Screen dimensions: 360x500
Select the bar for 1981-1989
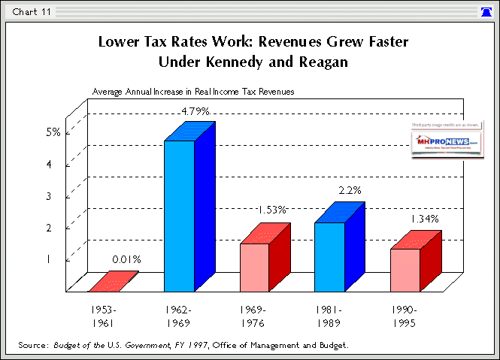[x=330, y=256]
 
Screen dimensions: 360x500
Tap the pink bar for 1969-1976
[x=254, y=267]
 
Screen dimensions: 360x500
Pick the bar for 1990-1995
[x=405, y=269]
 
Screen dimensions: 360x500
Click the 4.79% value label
[x=195, y=111]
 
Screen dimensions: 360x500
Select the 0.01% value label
[x=126, y=260]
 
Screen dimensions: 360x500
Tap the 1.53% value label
[x=271, y=210]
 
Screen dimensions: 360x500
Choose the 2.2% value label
[x=350, y=192]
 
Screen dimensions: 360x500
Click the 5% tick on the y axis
[x=53, y=132]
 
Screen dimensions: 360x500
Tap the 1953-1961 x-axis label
[x=104, y=315]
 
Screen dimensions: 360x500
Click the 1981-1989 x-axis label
[x=330, y=315]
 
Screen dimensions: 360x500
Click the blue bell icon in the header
[x=486, y=11]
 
